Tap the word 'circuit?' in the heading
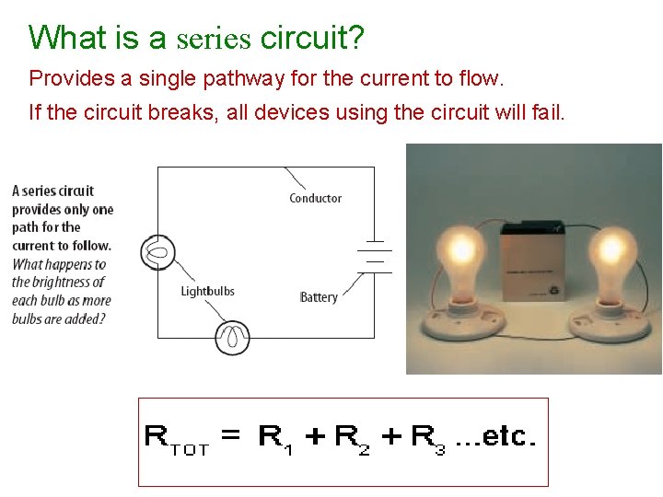pyautogui.click(x=312, y=39)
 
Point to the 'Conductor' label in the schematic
pyautogui.click(x=315, y=198)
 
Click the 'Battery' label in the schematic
pyautogui.click(x=319, y=297)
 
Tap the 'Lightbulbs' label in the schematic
pyautogui.click(x=207, y=292)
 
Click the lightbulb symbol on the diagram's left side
pyautogui.click(x=157, y=251)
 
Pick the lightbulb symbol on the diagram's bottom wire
pyautogui.click(x=232, y=337)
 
